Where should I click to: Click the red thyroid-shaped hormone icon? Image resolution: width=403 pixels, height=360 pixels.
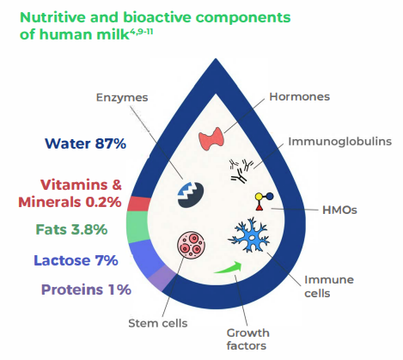point(215,138)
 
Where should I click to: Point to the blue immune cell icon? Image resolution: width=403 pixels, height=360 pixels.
point(254,235)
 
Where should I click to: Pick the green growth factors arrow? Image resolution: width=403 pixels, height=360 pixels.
point(229,268)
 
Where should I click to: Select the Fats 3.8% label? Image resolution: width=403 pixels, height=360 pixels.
point(71,229)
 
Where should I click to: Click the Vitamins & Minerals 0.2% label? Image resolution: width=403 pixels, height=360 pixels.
point(81,193)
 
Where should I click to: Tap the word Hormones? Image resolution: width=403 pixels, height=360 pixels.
point(300,97)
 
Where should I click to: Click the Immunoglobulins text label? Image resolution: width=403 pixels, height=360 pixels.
point(339,141)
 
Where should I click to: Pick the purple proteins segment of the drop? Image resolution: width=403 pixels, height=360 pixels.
point(161,276)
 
